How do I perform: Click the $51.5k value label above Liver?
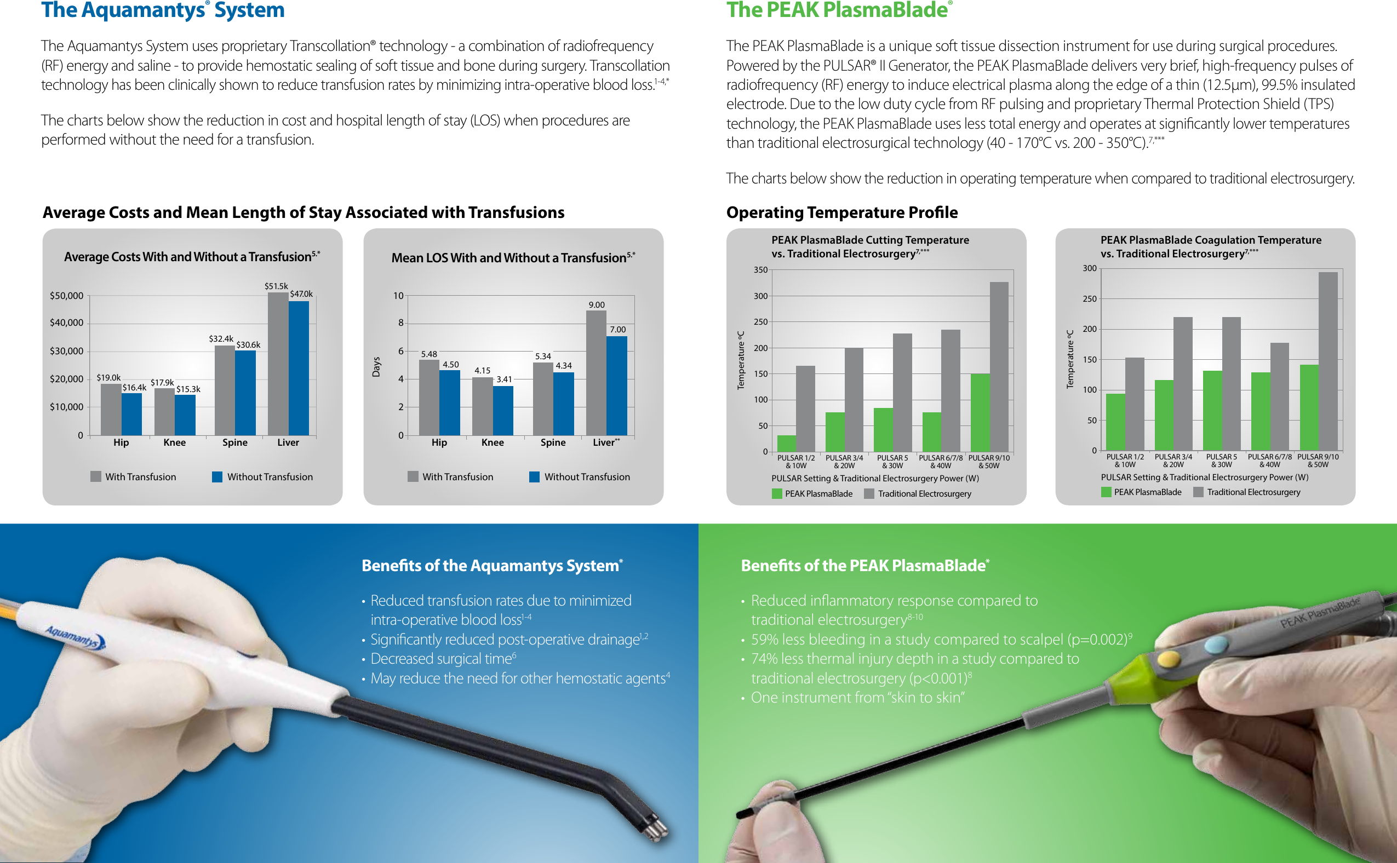(276, 286)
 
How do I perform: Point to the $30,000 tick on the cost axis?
(66, 351)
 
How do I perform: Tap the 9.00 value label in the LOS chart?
(597, 305)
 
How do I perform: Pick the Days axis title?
(376, 366)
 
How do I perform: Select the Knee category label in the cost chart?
(174, 442)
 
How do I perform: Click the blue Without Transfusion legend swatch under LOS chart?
(534, 476)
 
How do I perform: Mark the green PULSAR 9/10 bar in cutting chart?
(980, 412)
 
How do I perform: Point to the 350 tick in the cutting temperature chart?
(760, 270)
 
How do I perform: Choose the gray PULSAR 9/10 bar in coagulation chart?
(1328, 361)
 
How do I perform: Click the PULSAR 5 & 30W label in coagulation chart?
(1221, 461)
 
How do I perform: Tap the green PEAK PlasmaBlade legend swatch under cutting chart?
(777, 494)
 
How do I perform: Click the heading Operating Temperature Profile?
(842, 212)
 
